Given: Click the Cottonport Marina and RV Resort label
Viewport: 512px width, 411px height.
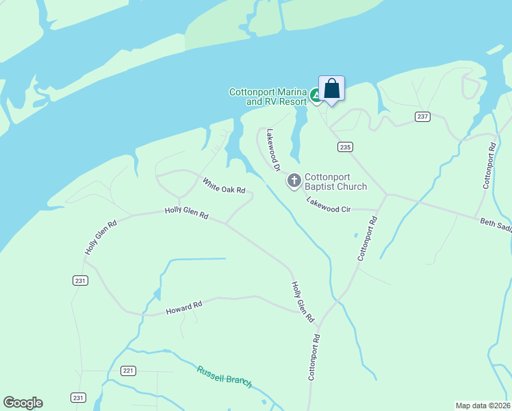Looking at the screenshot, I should point(268,97).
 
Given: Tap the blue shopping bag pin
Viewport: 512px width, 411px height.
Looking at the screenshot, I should point(331,90).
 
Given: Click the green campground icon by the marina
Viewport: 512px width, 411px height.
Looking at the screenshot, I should point(316,96).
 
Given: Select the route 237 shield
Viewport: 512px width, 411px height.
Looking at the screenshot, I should point(422,116).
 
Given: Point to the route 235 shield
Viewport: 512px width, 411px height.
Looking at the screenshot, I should point(345,147).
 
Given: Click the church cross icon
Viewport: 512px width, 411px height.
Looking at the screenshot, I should point(294,181).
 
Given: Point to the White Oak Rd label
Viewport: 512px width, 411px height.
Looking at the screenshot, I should point(223,186).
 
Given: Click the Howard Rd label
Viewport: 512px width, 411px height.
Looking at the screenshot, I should point(184,308).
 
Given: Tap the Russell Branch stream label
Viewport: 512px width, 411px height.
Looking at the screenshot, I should point(225,377).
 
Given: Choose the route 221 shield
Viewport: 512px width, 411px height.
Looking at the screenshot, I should point(129,371).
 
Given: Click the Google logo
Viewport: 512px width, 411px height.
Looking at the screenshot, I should point(23,403).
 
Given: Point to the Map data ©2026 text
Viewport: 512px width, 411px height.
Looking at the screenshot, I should point(483,406).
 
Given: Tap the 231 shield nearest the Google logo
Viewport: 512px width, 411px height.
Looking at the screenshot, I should point(78,397).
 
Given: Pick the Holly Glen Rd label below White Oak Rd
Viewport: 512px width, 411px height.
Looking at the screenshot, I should point(186,213).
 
